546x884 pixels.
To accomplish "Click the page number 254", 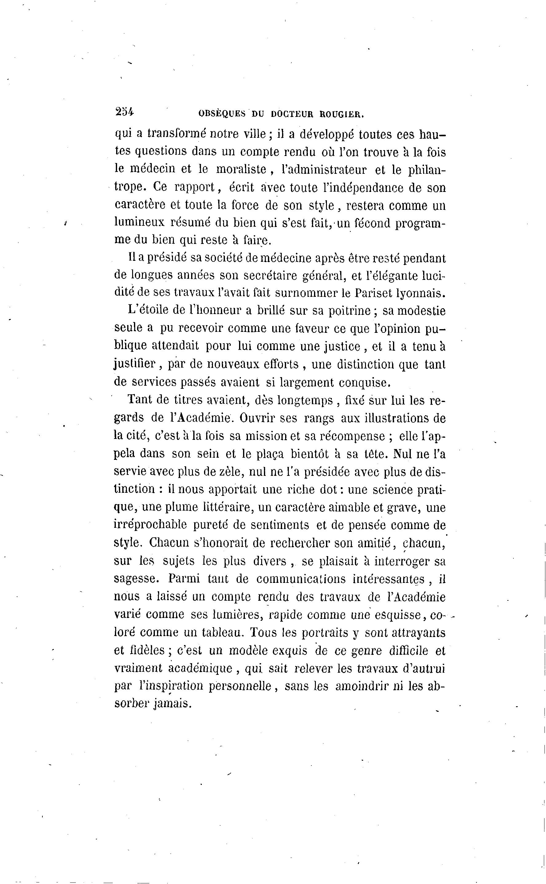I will (x=124, y=112).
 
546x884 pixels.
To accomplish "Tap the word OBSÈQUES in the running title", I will (x=222, y=114).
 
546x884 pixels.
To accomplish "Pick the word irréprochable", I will (x=150, y=525).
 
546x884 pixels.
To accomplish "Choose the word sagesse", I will (x=136, y=578).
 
